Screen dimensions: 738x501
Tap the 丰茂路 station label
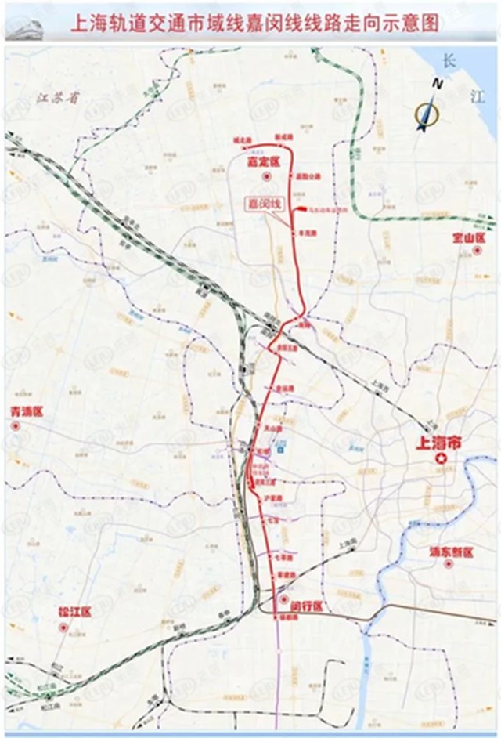tap(306, 233)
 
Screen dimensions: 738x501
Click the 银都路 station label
tap(291, 618)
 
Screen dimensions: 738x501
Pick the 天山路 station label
tap(272, 429)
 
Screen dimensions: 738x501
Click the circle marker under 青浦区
tap(16, 425)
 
